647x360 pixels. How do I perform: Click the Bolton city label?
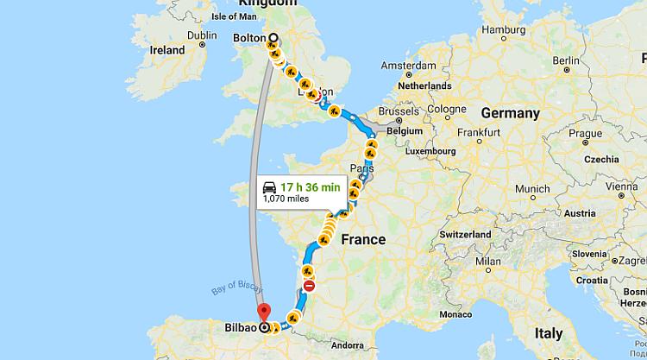pos(249,38)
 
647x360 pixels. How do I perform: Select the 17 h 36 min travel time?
pos(307,186)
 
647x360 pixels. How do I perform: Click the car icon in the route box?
pos(269,186)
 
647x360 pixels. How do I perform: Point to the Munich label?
pos(533,189)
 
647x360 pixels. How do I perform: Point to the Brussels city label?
pos(398,112)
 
